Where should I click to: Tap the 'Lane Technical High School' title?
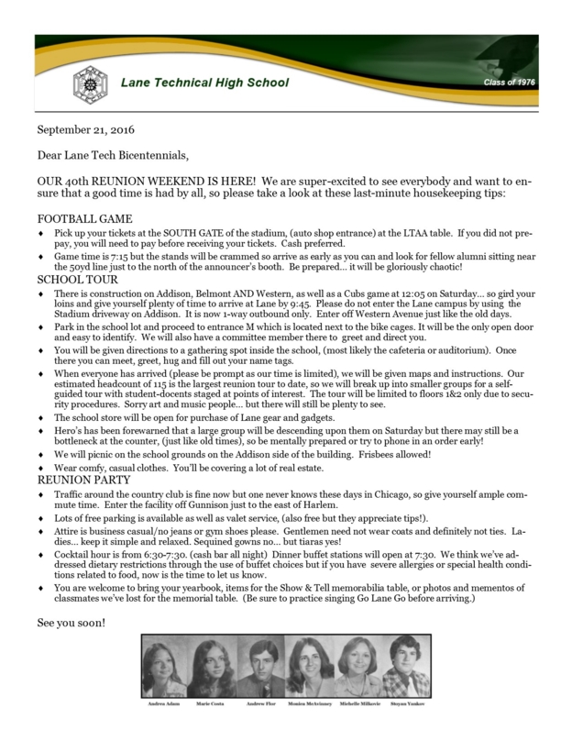point(205,83)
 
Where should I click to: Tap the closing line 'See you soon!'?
point(70,621)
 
